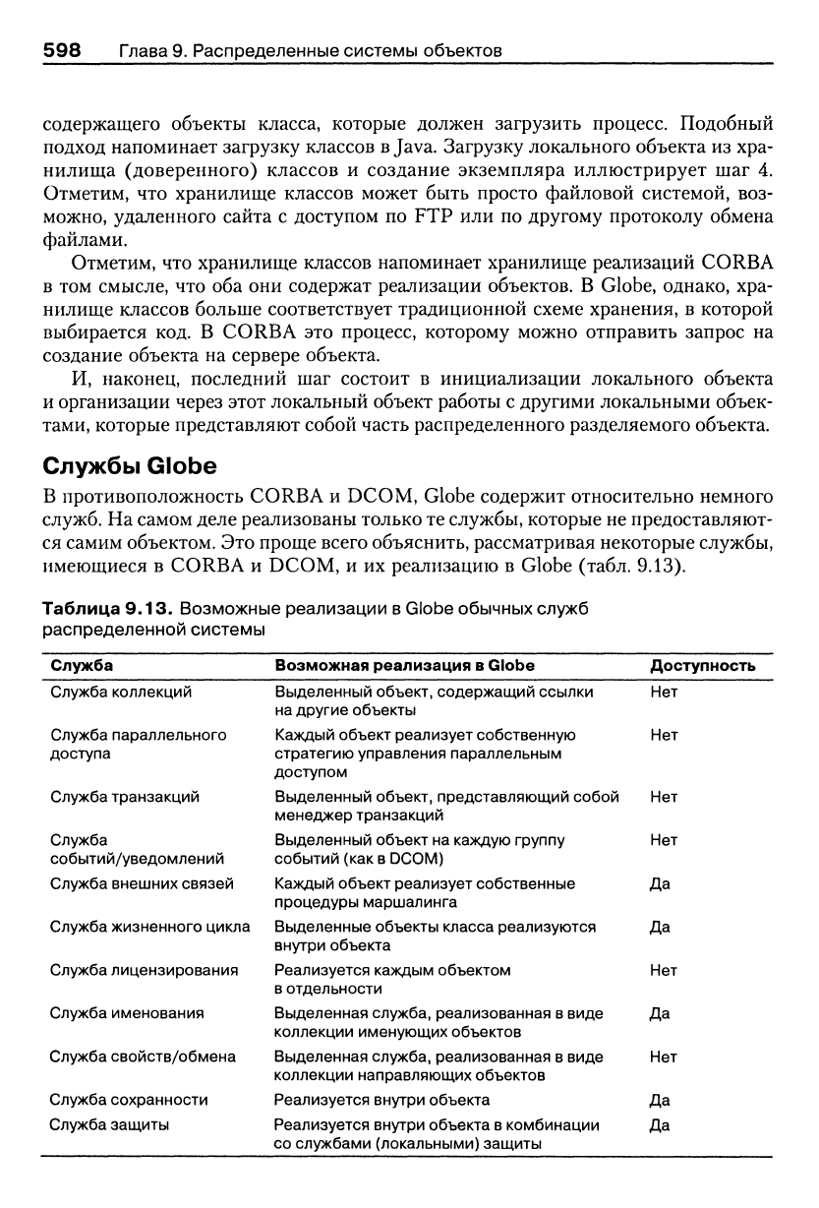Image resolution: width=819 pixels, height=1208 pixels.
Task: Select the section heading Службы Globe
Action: coord(128,464)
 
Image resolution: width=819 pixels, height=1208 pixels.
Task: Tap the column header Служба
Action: coord(82,666)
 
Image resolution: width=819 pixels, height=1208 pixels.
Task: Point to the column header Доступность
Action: coord(702,666)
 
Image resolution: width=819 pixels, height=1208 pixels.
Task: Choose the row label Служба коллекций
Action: coord(121,692)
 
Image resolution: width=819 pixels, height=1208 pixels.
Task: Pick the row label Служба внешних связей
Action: coord(142,883)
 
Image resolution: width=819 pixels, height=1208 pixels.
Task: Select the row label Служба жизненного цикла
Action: coord(149,927)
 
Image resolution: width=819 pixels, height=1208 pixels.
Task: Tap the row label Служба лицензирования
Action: coord(144,970)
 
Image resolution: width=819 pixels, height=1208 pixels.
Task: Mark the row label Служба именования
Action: coord(127,1013)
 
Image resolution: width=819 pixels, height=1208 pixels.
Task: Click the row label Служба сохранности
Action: coord(129,1100)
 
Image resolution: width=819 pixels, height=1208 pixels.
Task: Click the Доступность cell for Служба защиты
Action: coord(661,1124)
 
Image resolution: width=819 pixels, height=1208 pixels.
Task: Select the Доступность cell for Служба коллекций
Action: coord(664,692)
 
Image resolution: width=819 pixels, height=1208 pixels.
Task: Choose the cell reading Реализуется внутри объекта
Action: coord(381,1100)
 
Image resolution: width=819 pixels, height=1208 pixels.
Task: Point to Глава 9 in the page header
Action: coord(153,49)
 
